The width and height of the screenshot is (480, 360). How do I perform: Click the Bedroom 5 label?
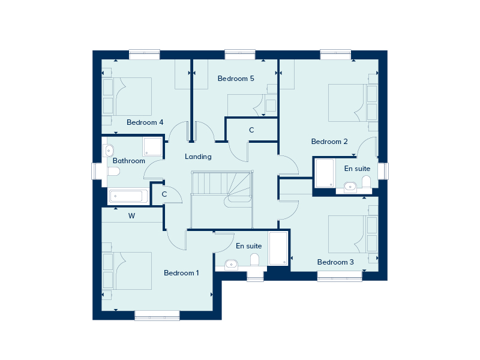(x=236, y=79)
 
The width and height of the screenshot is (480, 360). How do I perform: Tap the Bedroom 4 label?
(x=145, y=122)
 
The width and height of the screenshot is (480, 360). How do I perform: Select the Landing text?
(x=198, y=157)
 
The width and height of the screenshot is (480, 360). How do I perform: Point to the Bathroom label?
(x=129, y=161)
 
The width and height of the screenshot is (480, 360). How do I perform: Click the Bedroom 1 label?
(x=181, y=273)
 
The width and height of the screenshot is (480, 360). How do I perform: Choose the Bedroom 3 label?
(x=335, y=262)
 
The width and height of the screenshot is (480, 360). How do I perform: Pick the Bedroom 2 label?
(x=329, y=142)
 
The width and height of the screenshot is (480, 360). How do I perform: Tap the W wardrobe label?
(x=131, y=216)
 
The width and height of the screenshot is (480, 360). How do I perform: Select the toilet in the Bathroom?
(x=113, y=172)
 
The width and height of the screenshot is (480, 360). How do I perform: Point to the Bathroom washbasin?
(x=109, y=151)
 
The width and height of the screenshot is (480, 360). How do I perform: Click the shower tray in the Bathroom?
(x=152, y=146)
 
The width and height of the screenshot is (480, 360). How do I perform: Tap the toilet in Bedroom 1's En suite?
(x=254, y=260)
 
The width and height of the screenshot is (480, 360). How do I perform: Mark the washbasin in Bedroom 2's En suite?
(x=350, y=187)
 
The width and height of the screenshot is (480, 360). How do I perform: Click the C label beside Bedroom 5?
(x=251, y=130)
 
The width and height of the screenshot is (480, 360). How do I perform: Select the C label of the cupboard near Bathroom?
(x=164, y=194)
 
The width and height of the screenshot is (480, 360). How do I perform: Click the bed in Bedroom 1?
(x=127, y=271)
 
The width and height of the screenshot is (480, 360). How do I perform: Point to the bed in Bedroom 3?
(x=353, y=234)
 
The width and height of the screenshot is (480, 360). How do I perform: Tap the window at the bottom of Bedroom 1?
(x=157, y=316)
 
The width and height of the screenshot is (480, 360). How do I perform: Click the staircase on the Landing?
(x=221, y=199)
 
